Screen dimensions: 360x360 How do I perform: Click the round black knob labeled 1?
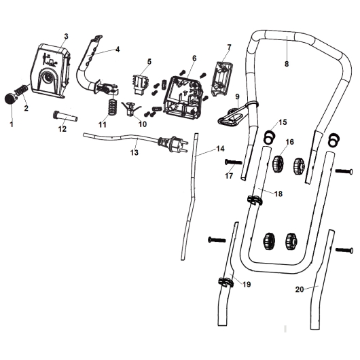click(x=11, y=98)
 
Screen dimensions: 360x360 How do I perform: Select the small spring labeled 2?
click(x=21, y=90)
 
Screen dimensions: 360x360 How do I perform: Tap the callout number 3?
click(x=66, y=36)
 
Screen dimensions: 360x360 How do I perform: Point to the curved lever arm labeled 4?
click(x=92, y=67)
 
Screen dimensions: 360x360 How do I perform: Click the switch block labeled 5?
click(x=141, y=84)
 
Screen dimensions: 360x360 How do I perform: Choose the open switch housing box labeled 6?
click(x=183, y=98)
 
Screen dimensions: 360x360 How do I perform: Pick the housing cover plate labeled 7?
click(x=223, y=79)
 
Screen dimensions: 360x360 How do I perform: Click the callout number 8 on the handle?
click(x=287, y=64)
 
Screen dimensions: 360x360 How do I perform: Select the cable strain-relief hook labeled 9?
click(x=236, y=113)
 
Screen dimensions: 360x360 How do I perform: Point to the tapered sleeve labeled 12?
click(x=65, y=116)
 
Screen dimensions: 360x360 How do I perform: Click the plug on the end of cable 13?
click(x=173, y=144)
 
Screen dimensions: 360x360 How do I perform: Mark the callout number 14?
click(x=220, y=149)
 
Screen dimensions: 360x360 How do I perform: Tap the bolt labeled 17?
click(x=234, y=162)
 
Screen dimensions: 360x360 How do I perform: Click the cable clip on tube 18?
click(x=255, y=200)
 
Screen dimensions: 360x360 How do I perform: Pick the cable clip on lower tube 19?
click(x=226, y=282)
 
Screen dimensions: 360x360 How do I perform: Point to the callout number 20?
click(x=300, y=289)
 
